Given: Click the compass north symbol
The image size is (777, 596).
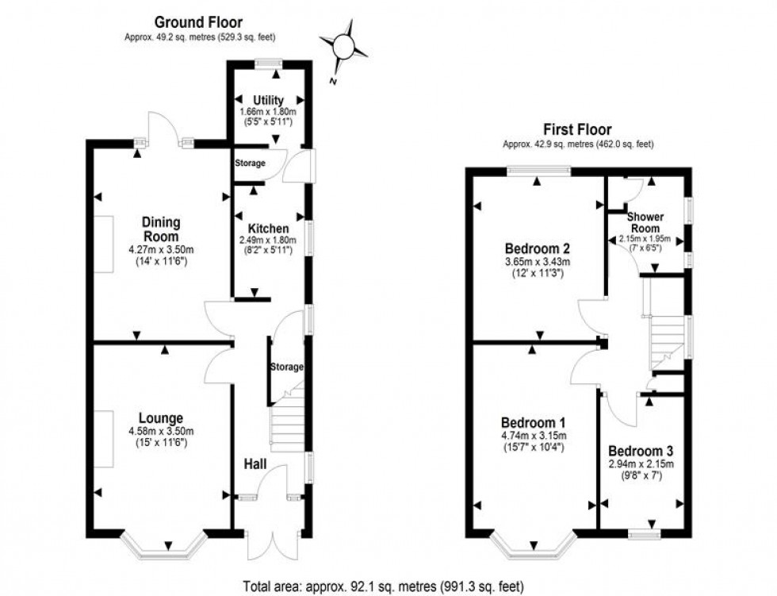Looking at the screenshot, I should pyautogui.click(x=345, y=48).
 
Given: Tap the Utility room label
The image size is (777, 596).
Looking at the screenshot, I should pyautogui.click(x=268, y=100).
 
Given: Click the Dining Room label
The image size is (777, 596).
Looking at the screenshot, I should pyautogui.click(x=161, y=229).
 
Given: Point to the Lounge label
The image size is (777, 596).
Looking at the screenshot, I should pyautogui.click(x=161, y=418).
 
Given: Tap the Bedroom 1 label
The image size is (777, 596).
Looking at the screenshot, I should pyautogui.click(x=533, y=422).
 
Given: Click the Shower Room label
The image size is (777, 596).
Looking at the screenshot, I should pyautogui.click(x=645, y=222).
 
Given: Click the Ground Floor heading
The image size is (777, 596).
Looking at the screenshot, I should pyautogui.click(x=198, y=22).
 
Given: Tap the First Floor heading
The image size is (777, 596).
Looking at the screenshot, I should pyautogui.click(x=576, y=129).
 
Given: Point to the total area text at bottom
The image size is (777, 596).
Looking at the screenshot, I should pyautogui.click(x=388, y=586).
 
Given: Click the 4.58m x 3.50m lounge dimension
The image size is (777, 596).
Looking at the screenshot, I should pyautogui.click(x=161, y=432).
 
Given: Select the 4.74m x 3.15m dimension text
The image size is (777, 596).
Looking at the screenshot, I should pyautogui.click(x=533, y=436).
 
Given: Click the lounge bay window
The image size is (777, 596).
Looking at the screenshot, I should pyautogui.click(x=166, y=547).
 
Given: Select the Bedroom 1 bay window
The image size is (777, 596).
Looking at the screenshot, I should pyautogui.click(x=533, y=547).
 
